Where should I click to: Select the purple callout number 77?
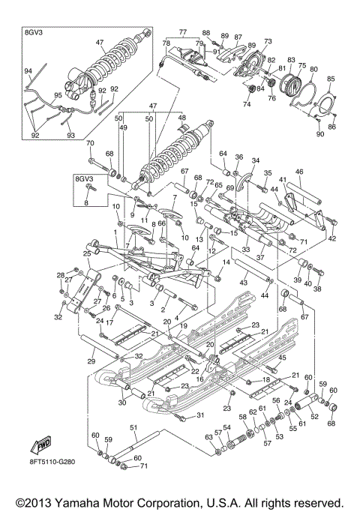181,32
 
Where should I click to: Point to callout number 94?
28,71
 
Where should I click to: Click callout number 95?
37,95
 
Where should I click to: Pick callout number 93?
70,136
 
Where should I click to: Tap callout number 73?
268,40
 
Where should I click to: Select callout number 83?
291,59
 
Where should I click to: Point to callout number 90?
320,134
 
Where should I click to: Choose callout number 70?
89,143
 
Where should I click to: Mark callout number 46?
298,172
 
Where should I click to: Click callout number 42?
331,238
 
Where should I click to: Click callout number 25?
87,255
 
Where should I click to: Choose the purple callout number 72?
209,182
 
